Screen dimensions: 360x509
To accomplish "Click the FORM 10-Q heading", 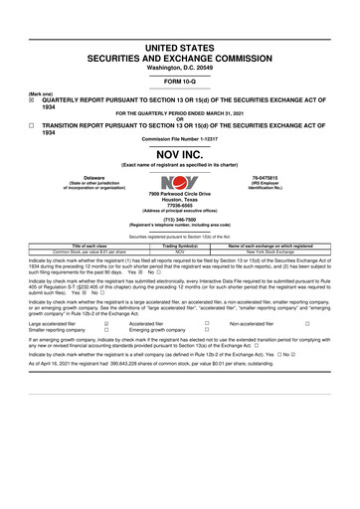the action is tap(179, 81).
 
